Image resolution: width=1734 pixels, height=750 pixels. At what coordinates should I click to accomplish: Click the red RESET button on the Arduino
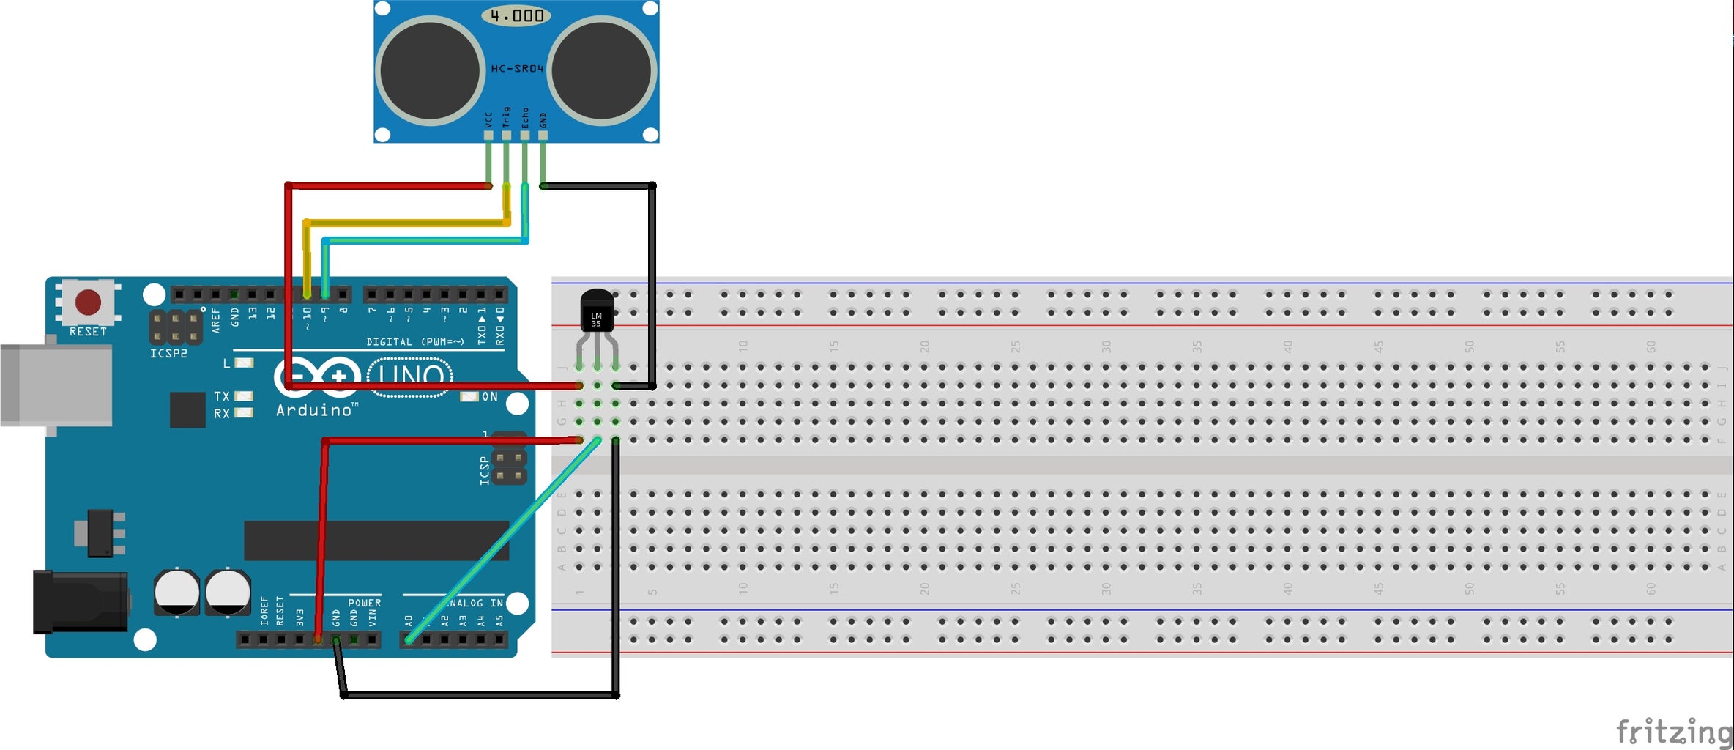(89, 302)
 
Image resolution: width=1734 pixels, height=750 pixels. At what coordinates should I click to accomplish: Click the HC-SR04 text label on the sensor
(517, 68)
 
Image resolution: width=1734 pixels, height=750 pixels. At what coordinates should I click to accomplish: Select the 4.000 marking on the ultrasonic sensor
(517, 15)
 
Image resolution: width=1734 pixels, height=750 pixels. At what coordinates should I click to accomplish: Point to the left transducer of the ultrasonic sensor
(430, 71)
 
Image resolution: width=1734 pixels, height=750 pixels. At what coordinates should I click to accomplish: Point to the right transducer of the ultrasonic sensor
(602, 71)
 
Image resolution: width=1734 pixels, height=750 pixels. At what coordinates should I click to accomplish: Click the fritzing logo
(1672, 731)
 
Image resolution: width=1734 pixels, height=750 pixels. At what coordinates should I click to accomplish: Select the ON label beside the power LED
(489, 396)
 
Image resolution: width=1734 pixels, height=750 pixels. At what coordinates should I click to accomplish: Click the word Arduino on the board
(314, 410)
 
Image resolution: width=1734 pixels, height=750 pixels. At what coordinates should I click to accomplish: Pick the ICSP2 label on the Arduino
(168, 354)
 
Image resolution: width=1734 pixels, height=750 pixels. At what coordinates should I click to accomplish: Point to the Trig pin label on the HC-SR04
(506, 117)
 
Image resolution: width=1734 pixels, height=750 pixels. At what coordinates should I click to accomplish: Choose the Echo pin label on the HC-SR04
(524, 118)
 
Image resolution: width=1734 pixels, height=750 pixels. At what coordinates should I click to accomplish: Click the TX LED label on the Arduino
(221, 396)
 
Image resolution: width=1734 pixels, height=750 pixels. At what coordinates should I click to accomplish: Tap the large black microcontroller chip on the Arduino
(376, 541)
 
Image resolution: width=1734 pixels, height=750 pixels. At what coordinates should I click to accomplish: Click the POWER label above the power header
(364, 603)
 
